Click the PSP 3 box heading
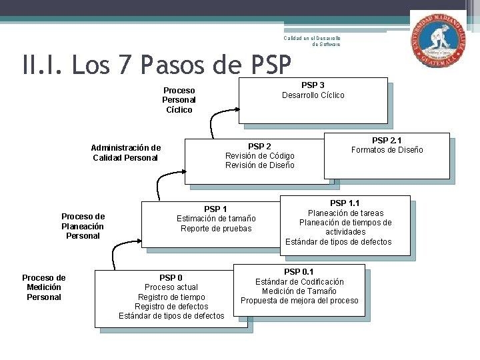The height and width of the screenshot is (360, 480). point(313,85)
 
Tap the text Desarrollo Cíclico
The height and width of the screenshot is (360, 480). point(313,95)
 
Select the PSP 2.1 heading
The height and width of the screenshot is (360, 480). point(387,140)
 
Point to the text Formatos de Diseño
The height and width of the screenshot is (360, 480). point(387,150)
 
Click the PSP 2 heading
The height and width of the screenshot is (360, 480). point(259,146)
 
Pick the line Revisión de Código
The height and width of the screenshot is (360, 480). point(259,156)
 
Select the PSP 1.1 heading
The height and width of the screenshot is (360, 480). point(345,203)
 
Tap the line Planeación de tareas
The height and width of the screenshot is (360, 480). point(345,213)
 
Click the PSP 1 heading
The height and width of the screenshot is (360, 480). point(215,209)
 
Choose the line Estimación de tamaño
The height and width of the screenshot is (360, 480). point(216,219)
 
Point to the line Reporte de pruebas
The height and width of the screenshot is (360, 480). point(216,229)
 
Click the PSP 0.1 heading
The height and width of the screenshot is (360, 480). point(299,272)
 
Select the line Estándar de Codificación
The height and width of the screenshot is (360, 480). point(299,282)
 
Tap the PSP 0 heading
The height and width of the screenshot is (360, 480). point(171,277)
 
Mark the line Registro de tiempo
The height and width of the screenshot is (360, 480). point(171,297)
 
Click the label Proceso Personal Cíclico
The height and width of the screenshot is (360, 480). point(179,100)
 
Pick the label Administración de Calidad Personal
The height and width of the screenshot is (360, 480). point(126,153)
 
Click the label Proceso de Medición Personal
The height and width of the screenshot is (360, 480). point(44,287)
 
